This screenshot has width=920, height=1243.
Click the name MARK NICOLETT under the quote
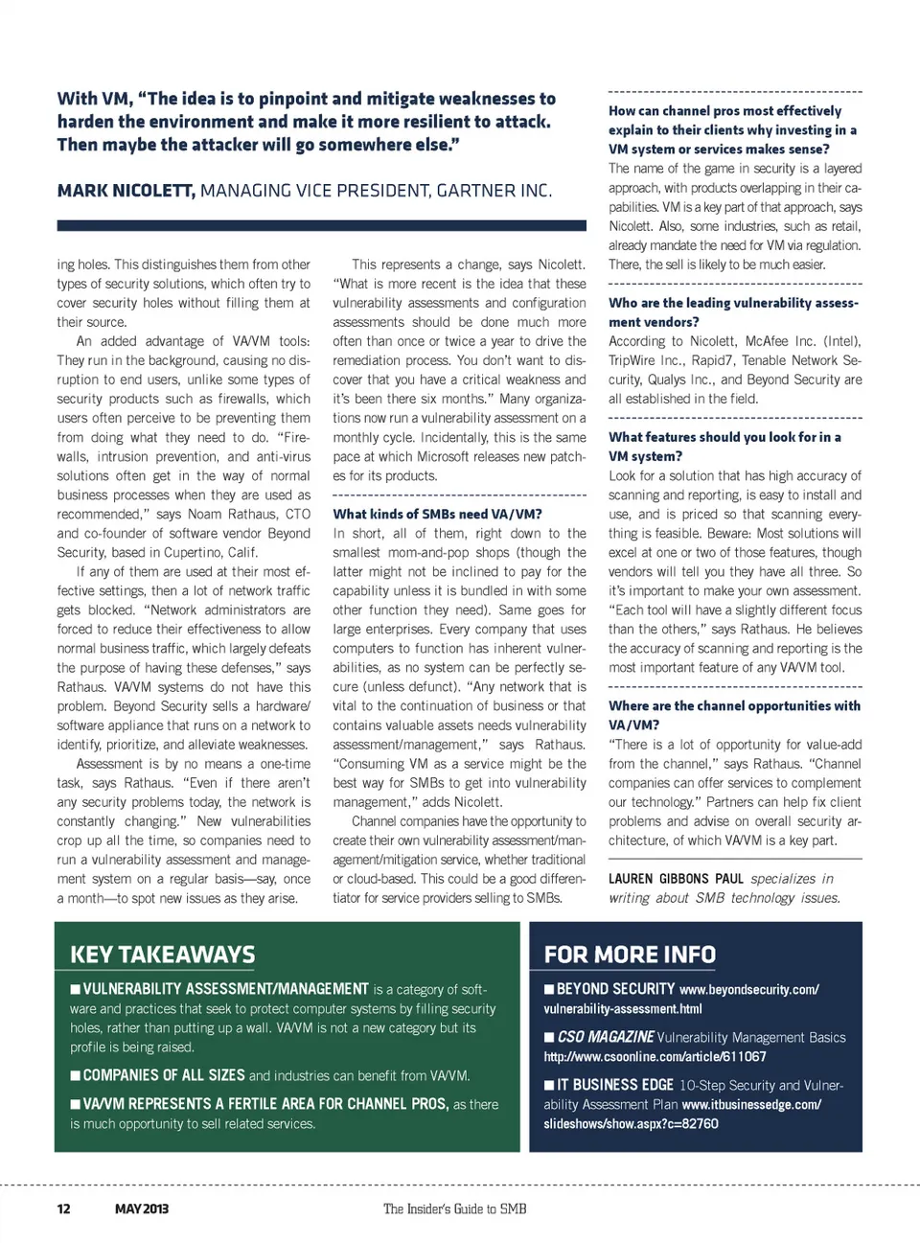[x=126, y=191]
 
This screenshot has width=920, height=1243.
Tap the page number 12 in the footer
[x=63, y=1208]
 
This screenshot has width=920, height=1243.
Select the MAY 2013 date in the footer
[x=141, y=1208]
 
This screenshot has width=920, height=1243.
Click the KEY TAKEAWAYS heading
[x=162, y=955]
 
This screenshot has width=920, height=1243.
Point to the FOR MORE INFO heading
[x=630, y=955]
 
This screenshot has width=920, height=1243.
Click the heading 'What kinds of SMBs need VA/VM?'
[x=437, y=514]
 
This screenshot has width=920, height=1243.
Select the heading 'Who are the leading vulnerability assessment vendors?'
[x=733, y=312]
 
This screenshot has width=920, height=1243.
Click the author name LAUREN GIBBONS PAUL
[x=676, y=878]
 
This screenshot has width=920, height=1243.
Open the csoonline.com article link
[x=655, y=1056]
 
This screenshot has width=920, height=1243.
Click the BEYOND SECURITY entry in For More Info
[x=615, y=989]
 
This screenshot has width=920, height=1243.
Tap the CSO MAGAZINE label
[x=606, y=1037]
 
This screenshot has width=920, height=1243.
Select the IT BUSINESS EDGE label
[x=614, y=1085]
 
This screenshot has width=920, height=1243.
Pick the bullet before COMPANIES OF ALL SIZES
[x=75, y=1075]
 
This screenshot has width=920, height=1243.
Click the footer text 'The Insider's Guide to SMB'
[x=454, y=1208]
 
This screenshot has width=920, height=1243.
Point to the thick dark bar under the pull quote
[x=321, y=225]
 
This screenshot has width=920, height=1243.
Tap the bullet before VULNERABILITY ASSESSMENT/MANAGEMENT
[x=75, y=989]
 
